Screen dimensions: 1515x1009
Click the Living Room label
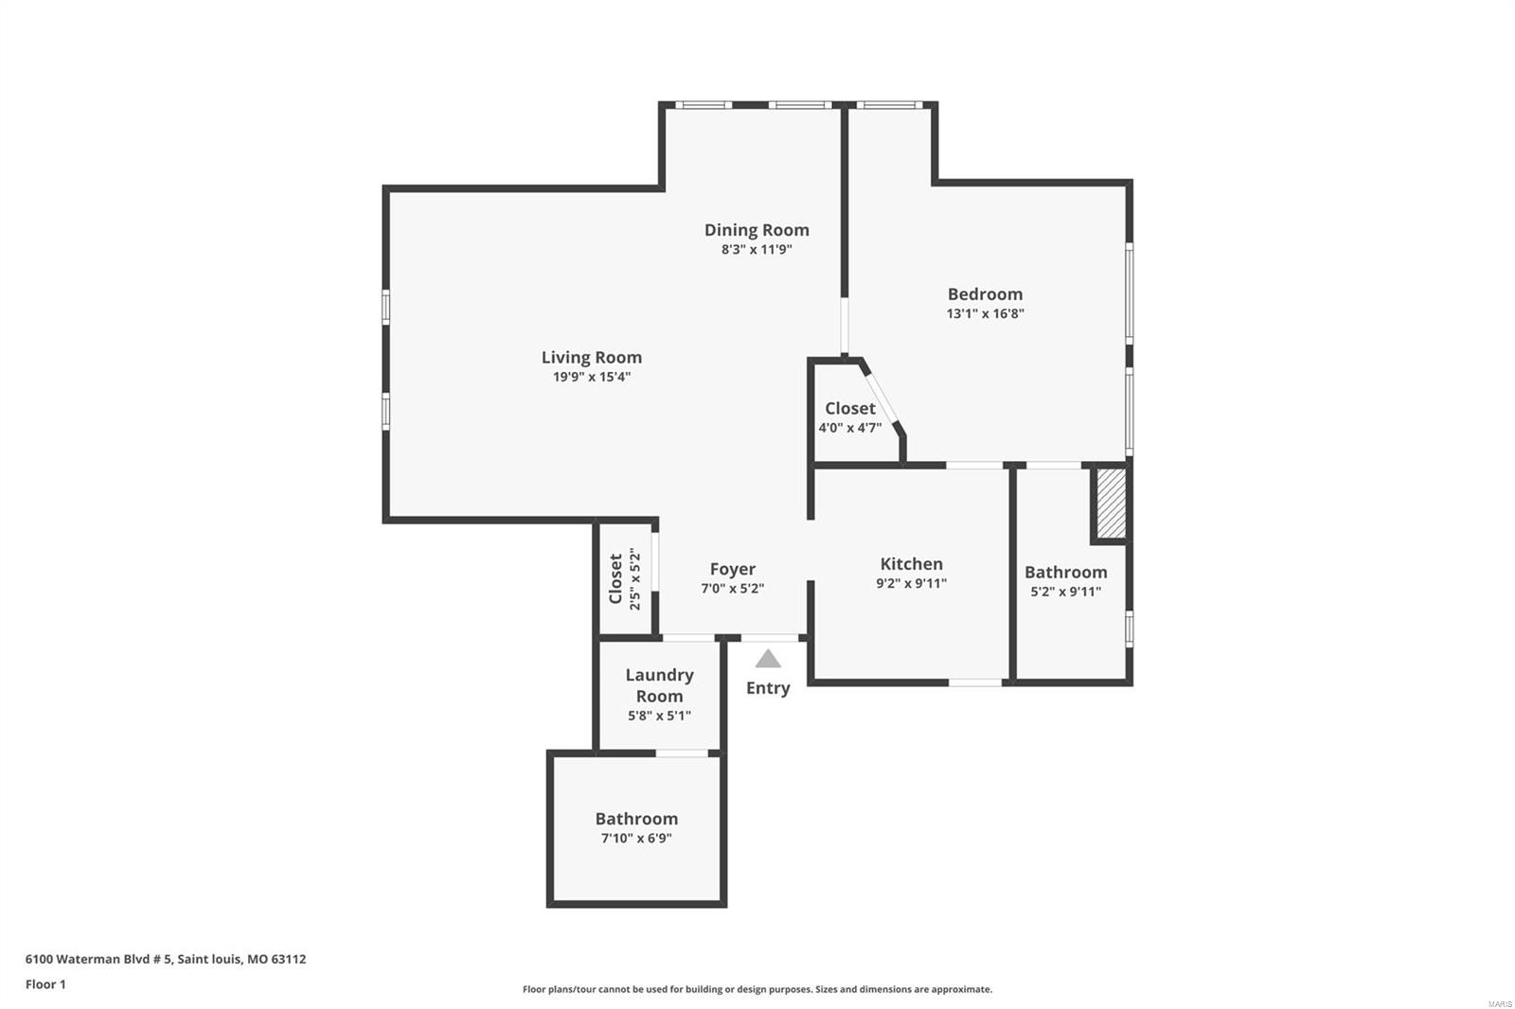point(591,358)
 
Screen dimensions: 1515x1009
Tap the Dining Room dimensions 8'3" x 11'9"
point(757,250)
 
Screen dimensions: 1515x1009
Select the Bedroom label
point(985,294)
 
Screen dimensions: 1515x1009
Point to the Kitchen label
point(911,564)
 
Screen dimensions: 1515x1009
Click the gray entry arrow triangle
point(768,659)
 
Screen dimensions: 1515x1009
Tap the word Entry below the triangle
point(768,688)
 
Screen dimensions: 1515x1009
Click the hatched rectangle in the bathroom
point(1111,504)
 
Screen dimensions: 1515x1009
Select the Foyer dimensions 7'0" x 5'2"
point(733,589)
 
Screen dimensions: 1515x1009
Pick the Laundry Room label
point(659,685)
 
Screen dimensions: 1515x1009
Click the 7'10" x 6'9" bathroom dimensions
point(636,839)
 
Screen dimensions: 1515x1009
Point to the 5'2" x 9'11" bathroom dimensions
point(1066,592)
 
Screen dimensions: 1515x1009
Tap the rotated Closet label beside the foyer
point(615,579)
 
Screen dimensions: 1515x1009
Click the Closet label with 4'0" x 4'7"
point(850,409)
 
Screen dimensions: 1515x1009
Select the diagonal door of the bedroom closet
point(882,398)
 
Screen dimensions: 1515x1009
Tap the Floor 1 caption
point(46,984)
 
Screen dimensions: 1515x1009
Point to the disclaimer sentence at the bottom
point(757,989)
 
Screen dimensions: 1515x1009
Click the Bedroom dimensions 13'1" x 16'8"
point(986,314)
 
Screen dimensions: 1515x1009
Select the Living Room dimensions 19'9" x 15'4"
point(592,378)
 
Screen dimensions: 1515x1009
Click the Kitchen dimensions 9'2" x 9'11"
point(911,584)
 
